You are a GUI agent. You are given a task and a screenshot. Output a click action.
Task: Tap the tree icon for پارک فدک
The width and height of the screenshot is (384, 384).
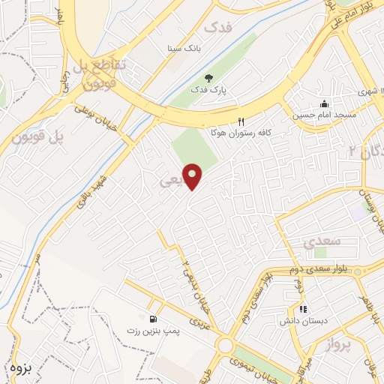click(208, 77)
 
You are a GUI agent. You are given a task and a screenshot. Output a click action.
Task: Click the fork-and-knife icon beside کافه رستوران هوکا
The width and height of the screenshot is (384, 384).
click(241, 121)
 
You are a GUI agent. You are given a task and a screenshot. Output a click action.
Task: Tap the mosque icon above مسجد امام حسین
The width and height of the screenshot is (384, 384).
click(323, 103)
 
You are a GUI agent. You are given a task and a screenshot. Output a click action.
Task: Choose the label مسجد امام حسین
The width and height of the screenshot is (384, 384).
click(323, 115)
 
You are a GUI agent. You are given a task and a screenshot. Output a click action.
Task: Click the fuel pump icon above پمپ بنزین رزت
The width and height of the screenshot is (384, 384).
click(153, 318)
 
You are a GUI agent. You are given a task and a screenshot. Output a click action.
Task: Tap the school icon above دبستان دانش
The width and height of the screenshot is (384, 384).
click(303, 307)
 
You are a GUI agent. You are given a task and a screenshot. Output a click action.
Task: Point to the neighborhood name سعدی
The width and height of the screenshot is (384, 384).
click(323, 242)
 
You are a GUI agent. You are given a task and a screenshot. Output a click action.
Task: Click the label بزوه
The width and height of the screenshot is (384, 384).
click(23, 367)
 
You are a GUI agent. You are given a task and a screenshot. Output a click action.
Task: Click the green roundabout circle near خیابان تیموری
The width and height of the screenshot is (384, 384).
click(226, 346)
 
